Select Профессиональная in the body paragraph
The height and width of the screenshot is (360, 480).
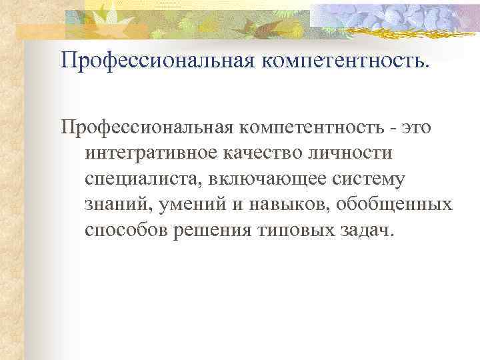click(x=157, y=127)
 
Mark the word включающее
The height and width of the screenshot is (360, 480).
click(x=265, y=179)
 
